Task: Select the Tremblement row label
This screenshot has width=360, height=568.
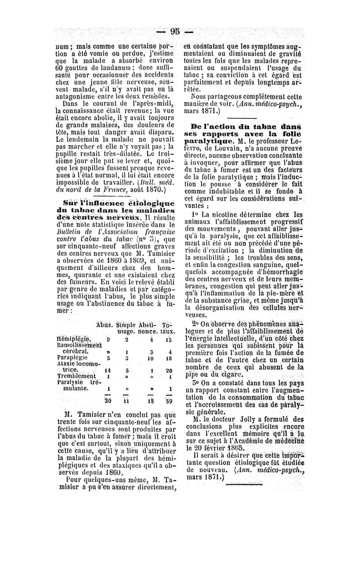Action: click(76, 376)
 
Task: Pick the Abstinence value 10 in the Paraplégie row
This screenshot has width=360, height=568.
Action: click(150, 359)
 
